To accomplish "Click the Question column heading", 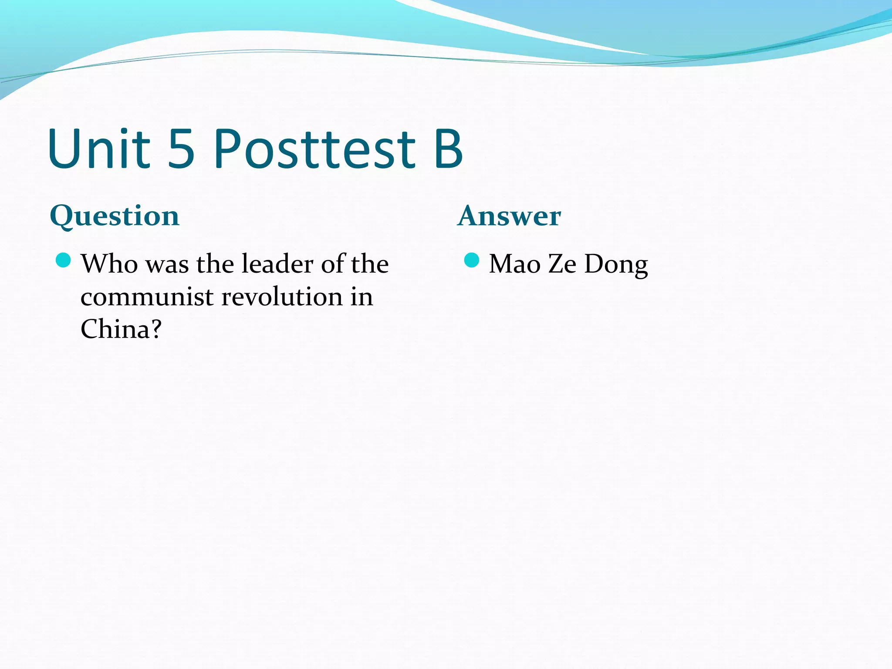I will point(115,216).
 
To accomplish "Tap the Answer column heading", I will point(509,216).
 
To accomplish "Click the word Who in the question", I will point(109,264).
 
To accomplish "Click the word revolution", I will point(282,297).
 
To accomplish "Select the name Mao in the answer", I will point(514,264).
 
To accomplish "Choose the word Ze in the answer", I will point(562,264).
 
